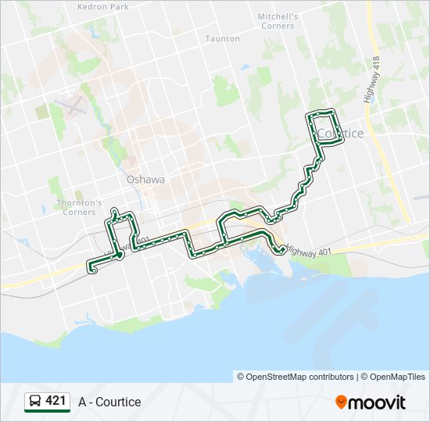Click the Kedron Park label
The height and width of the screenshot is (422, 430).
click(x=103, y=6)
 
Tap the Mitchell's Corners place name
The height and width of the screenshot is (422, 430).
click(x=278, y=21)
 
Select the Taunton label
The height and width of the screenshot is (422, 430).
click(x=222, y=38)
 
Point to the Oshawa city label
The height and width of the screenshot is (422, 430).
click(x=146, y=179)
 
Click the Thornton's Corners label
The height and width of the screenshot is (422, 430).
click(x=79, y=207)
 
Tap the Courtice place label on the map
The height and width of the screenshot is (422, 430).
click(x=342, y=134)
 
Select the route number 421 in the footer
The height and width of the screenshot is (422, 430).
click(x=56, y=401)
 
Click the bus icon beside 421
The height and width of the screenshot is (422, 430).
click(x=35, y=402)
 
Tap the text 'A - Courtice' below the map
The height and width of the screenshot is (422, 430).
click(x=109, y=402)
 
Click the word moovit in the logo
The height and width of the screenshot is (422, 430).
click(x=378, y=402)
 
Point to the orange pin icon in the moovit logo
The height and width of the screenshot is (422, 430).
click(x=342, y=402)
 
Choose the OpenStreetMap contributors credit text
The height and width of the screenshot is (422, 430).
click(x=296, y=377)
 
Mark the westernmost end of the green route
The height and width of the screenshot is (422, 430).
click(x=91, y=270)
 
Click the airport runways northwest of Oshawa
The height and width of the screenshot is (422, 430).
click(x=72, y=105)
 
